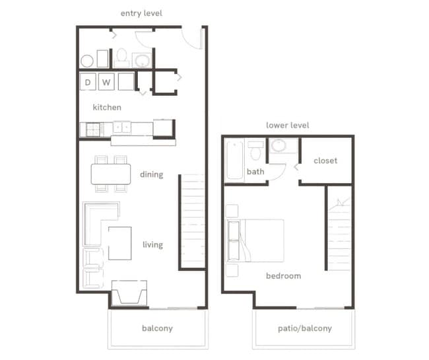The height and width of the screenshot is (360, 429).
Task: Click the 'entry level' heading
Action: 141,13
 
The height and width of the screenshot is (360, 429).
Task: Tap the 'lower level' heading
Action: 287,125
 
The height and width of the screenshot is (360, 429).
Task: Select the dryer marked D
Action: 87,83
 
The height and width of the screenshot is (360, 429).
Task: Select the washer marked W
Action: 106,83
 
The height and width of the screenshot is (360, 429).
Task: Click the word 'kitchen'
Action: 107,107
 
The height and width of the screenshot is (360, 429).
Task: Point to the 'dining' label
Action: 151,175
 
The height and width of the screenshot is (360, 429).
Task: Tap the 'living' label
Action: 152,245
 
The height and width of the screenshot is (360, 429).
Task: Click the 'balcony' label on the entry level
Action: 157,328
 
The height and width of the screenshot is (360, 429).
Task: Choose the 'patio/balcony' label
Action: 303,328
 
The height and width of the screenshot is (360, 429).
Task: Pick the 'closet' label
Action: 325,161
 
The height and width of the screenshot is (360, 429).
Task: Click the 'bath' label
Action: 255,172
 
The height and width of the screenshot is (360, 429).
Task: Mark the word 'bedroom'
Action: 284,275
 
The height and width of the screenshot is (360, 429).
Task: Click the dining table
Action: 111,174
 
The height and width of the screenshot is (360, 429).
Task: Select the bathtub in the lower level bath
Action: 235,160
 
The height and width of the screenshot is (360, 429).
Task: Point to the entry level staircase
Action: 192,221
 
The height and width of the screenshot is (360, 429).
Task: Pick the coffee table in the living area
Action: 119,243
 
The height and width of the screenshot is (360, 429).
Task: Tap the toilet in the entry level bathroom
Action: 121,57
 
